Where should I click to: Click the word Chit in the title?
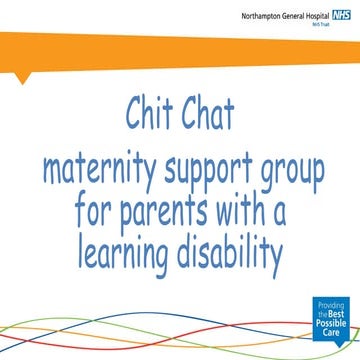151,114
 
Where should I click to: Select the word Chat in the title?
208,114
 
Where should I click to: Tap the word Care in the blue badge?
335,335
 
